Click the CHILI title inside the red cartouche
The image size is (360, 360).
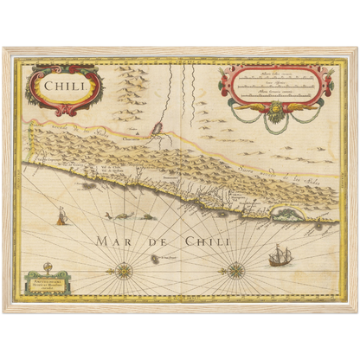[x=67, y=86]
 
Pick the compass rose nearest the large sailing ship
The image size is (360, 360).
[x=235, y=270]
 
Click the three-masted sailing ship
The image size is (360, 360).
[x=280, y=255]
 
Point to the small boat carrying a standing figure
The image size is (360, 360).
[x=61, y=216]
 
